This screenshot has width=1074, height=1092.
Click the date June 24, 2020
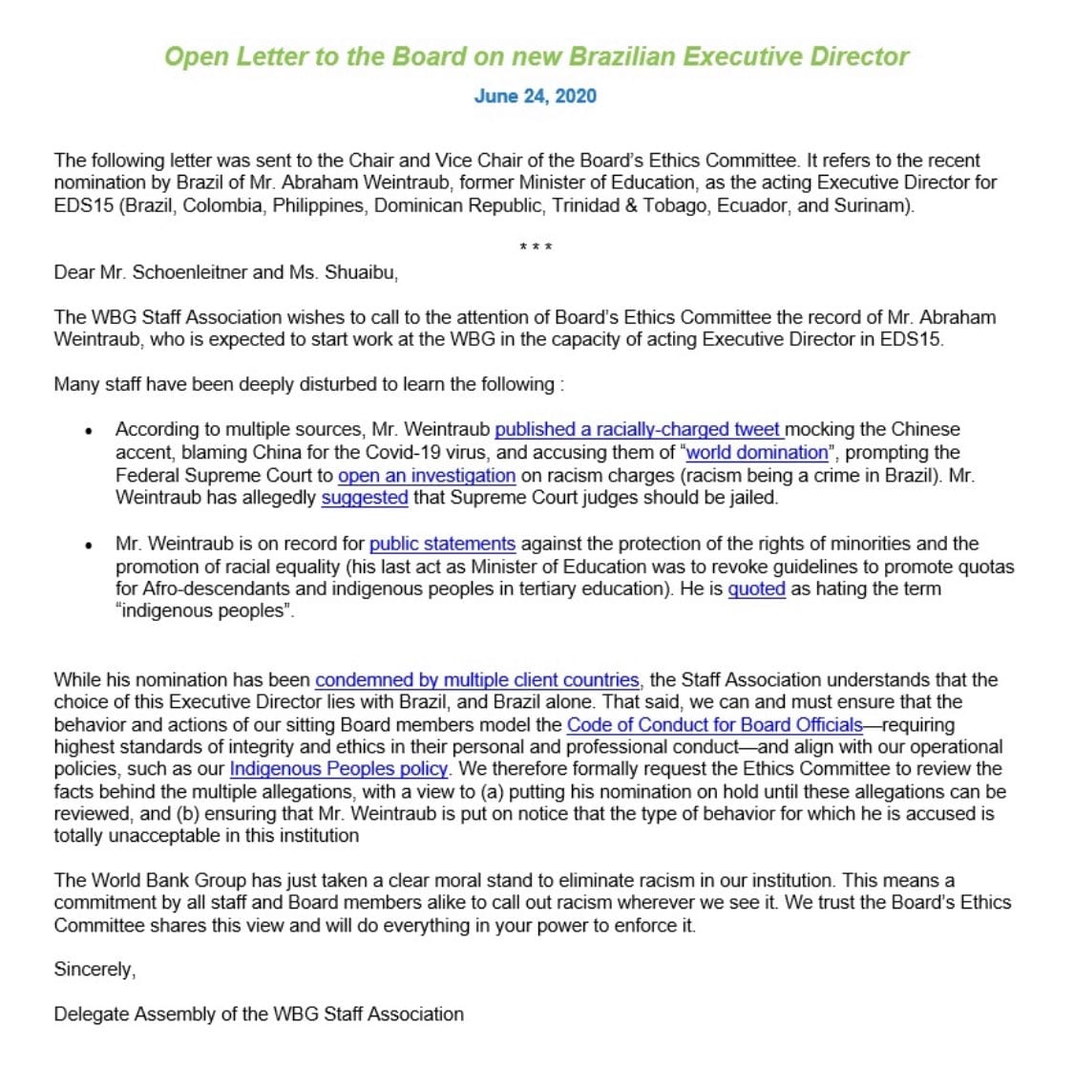pos(535,96)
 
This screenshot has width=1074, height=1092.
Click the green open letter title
pos(536,56)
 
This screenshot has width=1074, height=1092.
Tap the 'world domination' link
pos(757,453)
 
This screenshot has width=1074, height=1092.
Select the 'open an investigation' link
pos(427,476)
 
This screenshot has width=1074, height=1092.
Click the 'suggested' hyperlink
pos(365,498)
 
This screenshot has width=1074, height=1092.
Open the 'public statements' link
pos(442,545)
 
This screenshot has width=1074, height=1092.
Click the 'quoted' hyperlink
pos(756,589)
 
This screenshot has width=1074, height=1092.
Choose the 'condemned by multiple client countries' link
pos(477,680)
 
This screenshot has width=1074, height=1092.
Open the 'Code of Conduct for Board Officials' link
pos(714,725)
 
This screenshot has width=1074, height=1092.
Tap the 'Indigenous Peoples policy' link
pos(339,769)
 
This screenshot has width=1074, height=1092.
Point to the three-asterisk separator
pos(536,248)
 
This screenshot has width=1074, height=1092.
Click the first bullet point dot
pos(89,431)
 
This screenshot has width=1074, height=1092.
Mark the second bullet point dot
pos(89,546)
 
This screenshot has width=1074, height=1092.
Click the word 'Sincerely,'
pos(95,970)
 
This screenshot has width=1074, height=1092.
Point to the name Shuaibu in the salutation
pos(361,272)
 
